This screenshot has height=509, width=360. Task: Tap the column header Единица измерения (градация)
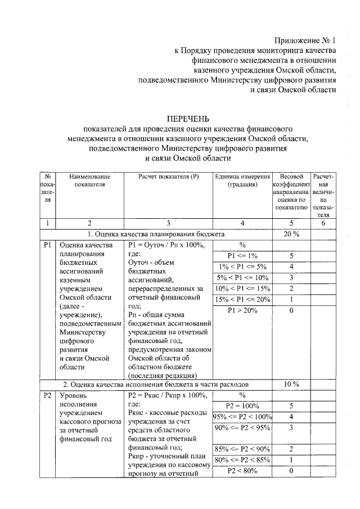(242, 181)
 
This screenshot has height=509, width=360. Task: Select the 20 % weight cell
(291, 233)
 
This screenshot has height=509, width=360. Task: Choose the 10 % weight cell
(291, 384)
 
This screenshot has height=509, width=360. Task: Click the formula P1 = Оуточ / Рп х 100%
(164, 245)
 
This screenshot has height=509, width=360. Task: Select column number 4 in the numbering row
(242, 223)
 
